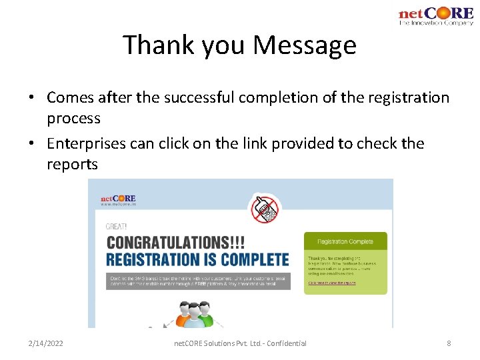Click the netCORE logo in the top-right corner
(435, 15)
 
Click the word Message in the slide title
(305, 45)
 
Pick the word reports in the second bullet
(72, 165)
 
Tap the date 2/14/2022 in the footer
(46, 343)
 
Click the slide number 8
(449, 343)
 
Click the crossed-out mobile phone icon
(265, 209)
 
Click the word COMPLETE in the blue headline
(253, 259)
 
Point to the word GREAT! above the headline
(117, 227)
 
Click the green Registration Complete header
(345, 241)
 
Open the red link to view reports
(331, 283)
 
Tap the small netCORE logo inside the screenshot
(118, 199)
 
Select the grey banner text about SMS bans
(198, 280)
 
